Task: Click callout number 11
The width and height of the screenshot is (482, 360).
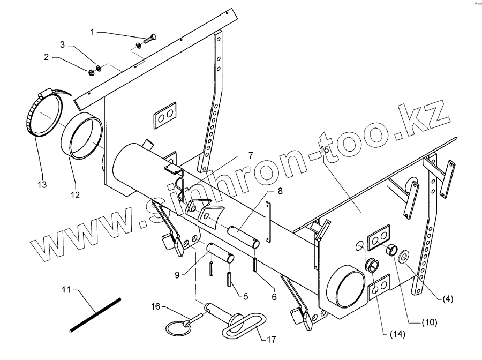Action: coord(66,290)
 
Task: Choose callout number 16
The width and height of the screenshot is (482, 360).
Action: coord(155,307)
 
